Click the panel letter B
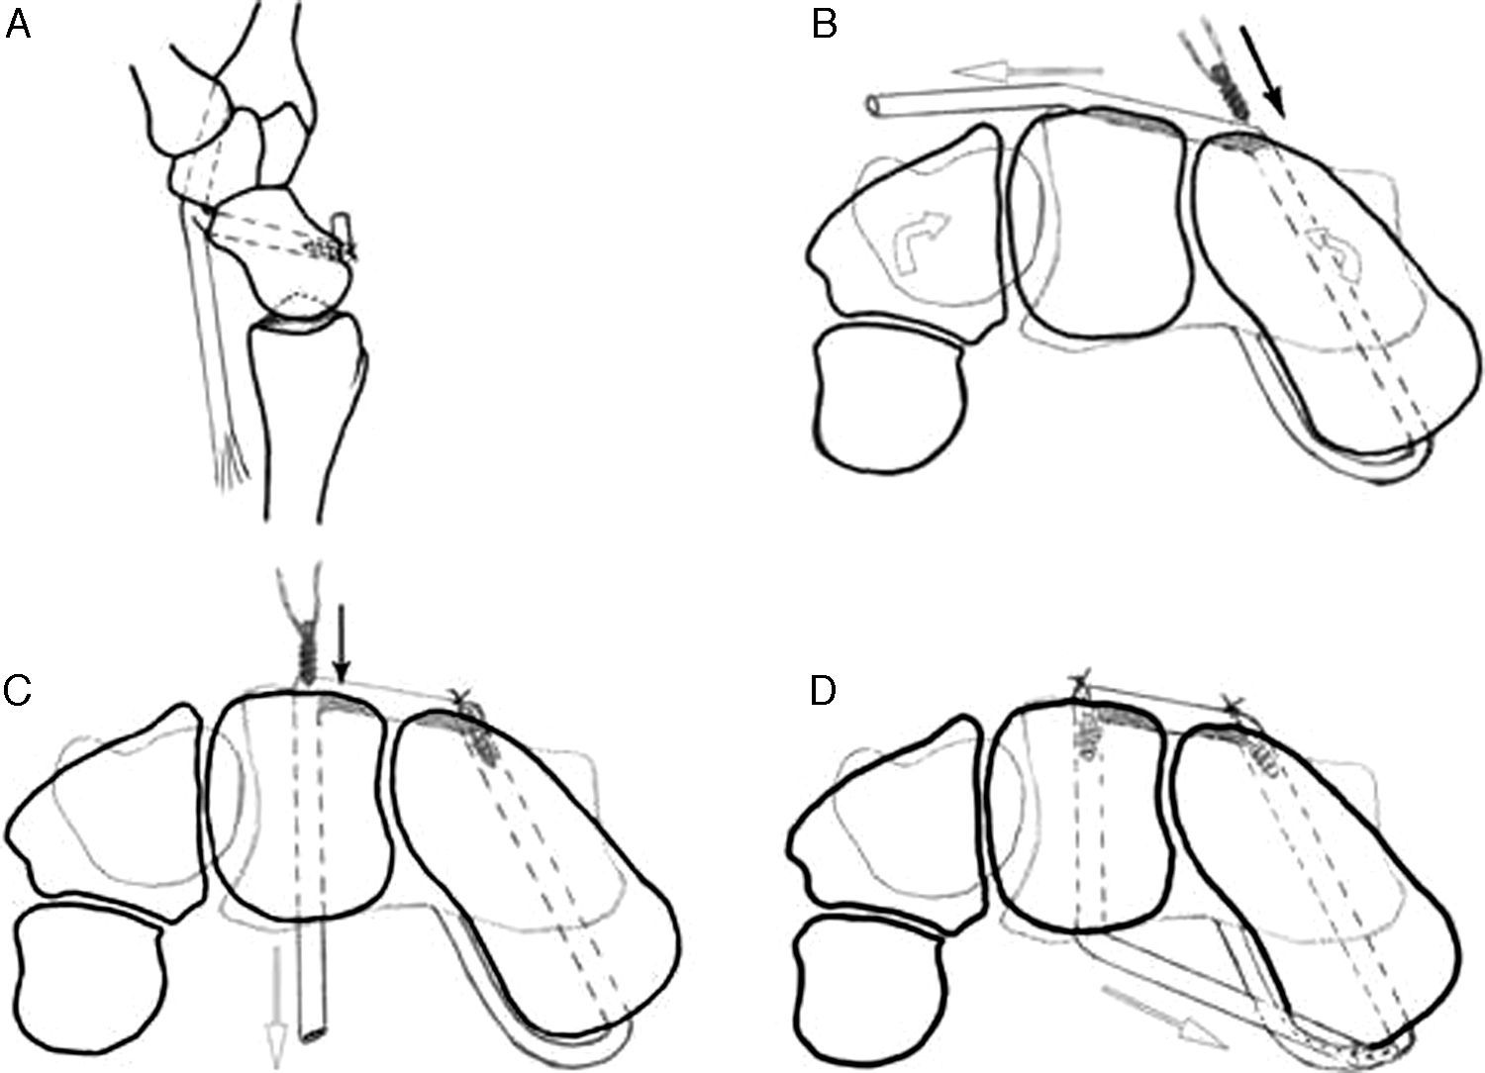point(824,24)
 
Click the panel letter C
point(17,691)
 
